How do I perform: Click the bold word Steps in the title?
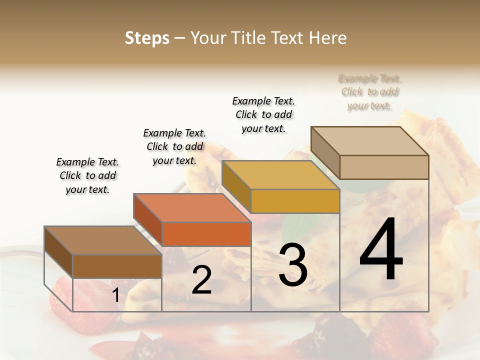pos(147,38)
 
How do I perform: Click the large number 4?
pos(381,249)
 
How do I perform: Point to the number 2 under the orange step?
pos(201,280)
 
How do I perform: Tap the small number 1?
pos(115,295)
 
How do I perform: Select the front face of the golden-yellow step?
pos(295,201)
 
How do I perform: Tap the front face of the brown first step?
pos(117,266)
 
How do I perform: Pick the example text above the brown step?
pos(87,175)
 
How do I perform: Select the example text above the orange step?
pos(174,146)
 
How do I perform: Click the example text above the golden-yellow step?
pos(263,114)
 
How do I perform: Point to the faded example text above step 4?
pos(369,92)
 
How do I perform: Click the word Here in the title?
pos(328,38)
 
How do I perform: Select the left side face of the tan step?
pos(325,153)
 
